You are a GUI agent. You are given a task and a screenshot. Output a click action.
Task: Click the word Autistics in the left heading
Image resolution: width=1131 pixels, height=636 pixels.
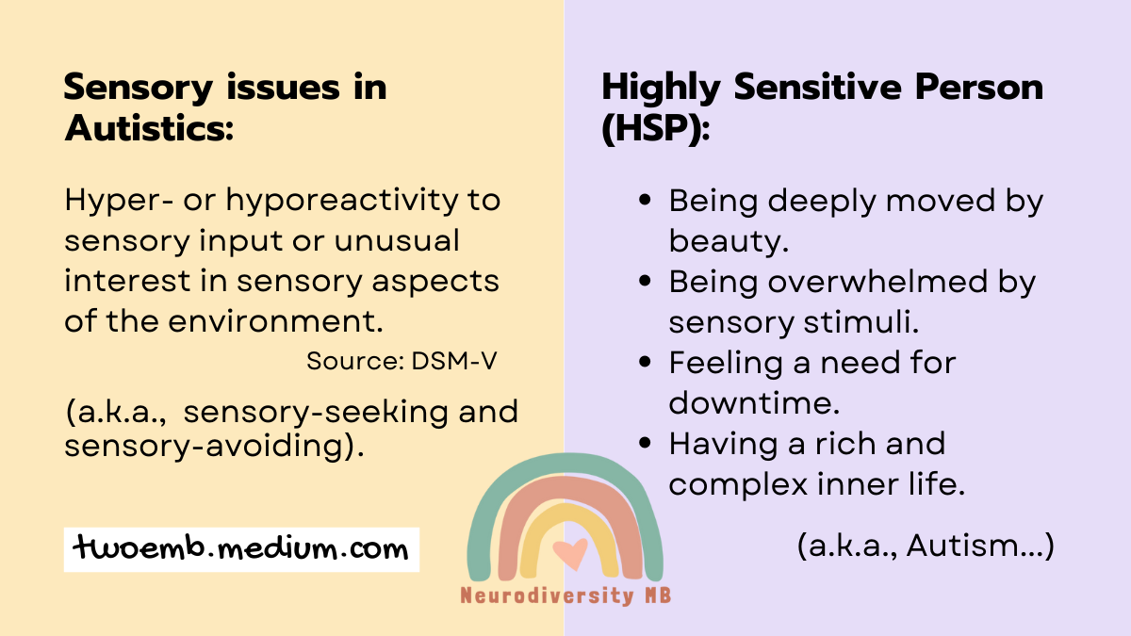[148, 129]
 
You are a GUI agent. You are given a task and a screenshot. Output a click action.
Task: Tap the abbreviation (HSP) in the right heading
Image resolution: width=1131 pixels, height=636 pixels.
[656, 129]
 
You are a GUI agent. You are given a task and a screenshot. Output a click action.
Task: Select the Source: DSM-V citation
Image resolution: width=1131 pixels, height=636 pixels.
[402, 361]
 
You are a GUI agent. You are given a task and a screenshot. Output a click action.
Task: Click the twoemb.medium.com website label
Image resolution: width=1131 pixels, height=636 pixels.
[241, 548]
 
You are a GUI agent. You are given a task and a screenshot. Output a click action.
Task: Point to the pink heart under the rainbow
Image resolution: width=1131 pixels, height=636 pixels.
[569, 553]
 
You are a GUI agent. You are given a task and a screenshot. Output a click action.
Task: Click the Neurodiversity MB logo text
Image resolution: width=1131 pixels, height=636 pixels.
[565, 595]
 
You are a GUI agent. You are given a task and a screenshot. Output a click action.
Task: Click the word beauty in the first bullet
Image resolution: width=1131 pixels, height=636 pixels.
[726, 241]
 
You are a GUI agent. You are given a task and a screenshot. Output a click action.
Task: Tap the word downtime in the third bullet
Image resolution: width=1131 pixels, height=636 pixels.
[753, 402]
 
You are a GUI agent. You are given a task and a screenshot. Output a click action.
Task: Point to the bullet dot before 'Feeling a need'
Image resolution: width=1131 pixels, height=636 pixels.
[645, 363]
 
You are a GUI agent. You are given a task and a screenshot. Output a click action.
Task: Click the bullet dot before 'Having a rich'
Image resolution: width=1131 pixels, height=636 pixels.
[645, 444]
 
